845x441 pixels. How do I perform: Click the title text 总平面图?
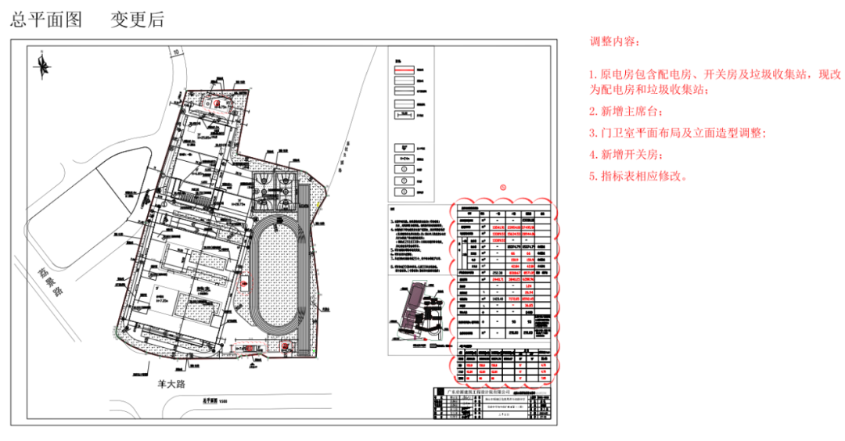(46, 20)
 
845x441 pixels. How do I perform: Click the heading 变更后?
(137, 20)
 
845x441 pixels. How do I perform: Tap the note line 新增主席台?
(625, 110)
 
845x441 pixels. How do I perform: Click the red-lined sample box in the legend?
(403, 70)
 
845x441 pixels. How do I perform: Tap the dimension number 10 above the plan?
(177, 52)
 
